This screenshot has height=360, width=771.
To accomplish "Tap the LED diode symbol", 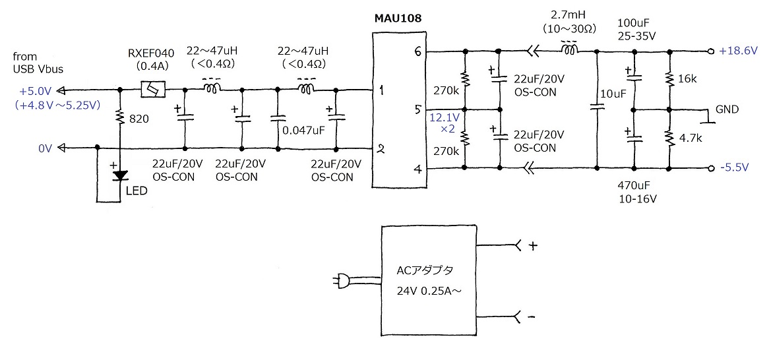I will pos(119,175).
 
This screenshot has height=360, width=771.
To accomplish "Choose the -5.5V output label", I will pos(735,168).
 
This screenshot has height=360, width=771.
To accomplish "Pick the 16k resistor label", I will pos(687,78).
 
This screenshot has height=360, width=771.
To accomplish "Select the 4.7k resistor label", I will pos(690,139).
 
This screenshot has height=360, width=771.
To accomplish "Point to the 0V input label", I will pos(44,148).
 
